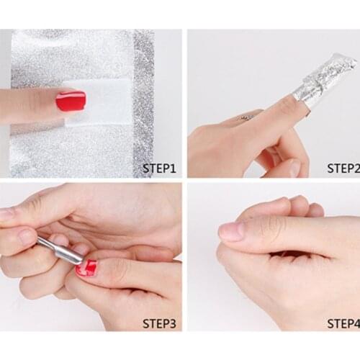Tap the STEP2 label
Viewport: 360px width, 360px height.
coord(343,168)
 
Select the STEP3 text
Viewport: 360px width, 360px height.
coord(158,324)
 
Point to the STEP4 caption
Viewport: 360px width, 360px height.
coord(343,324)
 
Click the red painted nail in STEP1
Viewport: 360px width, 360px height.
coord(71,101)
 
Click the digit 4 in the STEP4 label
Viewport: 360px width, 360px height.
coord(355,324)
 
